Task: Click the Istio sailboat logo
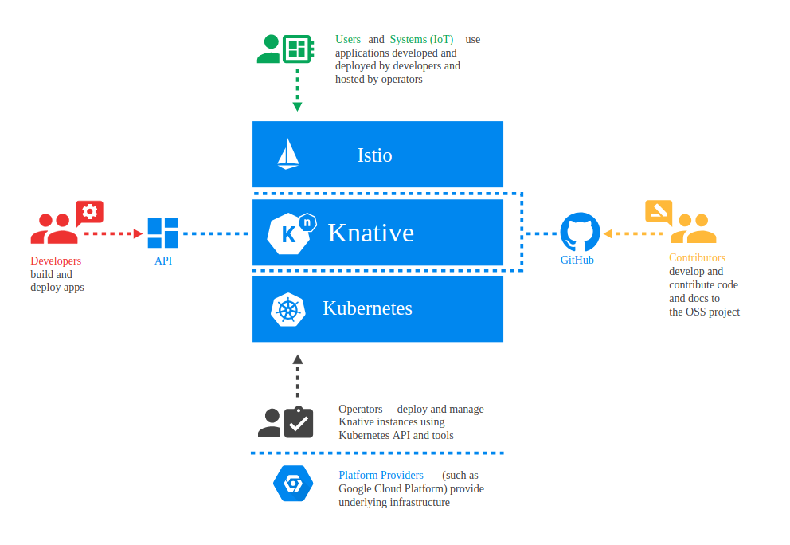click(288, 153)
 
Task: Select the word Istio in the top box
click(374, 155)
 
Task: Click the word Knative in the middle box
click(371, 233)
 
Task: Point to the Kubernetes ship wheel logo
click(288, 310)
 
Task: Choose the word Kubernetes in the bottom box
click(367, 308)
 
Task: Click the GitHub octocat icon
click(580, 232)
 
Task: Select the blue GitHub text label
click(577, 260)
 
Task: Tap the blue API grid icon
click(162, 233)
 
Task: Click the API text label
click(163, 261)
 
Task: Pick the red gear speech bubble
click(90, 212)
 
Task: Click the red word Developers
click(56, 261)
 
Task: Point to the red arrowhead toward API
click(138, 233)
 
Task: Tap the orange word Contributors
click(698, 257)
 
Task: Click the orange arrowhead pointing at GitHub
click(608, 233)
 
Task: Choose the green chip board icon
click(298, 49)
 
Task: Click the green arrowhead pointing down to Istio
click(297, 107)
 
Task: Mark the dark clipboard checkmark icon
click(299, 422)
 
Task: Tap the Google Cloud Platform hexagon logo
click(293, 484)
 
